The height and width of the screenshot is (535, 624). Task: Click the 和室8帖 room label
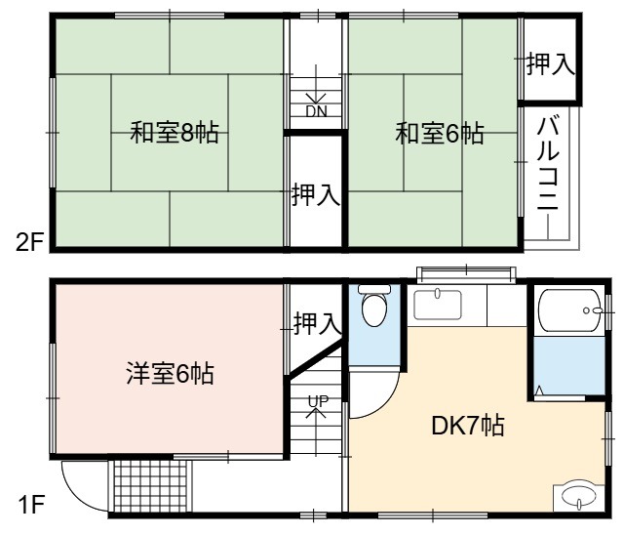coord(175,133)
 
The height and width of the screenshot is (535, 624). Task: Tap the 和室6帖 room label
coord(440,133)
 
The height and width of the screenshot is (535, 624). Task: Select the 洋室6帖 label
coord(170,373)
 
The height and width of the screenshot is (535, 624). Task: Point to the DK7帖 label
coord(468,426)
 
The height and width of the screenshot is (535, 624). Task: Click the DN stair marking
coord(316,111)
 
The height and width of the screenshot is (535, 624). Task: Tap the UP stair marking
coord(318,400)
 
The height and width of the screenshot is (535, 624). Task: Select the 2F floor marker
coord(28,242)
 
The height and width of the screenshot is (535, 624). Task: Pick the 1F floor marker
coord(31,505)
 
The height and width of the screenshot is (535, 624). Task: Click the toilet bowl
coord(374,306)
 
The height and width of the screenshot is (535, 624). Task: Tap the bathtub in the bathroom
coord(569,310)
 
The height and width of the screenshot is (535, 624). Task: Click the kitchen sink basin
coord(438,306)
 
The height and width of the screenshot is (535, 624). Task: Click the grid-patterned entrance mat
coord(150,486)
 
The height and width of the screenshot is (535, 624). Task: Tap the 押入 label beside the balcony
coord(551,64)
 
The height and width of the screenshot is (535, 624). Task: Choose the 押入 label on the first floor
coord(318,323)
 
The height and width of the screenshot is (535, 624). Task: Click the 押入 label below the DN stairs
coord(316,194)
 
